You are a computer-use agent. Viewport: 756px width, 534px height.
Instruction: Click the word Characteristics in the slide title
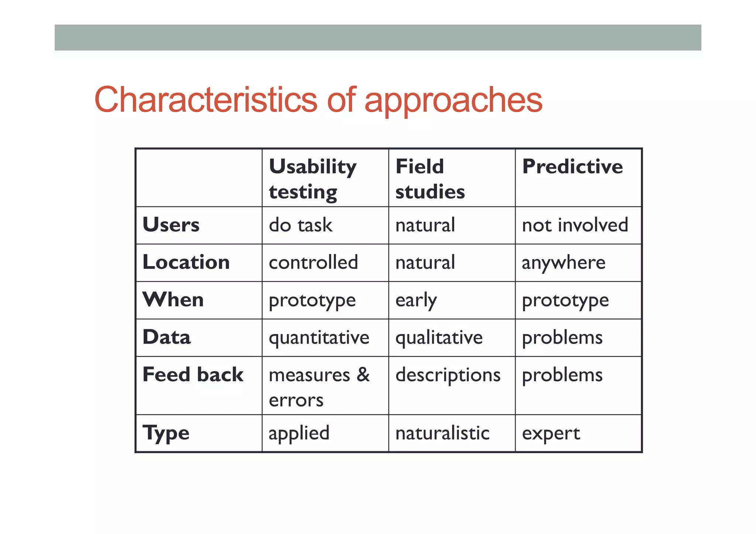(x=205, y=100)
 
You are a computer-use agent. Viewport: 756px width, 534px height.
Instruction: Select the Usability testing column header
(x=312, y=179)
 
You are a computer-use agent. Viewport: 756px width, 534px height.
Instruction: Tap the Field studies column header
(x=430, y=179)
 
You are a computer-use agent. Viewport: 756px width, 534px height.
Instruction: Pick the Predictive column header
(x=572, y=167)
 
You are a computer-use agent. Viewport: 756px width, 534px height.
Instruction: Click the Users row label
(x=171, y=225)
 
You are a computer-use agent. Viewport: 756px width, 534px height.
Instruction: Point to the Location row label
(x=186, y=262)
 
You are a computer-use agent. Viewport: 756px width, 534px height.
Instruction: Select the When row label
(x=173, y=300)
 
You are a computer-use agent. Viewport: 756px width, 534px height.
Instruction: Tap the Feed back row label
(x=193, y=375)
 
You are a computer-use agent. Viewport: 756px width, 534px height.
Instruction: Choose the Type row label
(x=166, y=433)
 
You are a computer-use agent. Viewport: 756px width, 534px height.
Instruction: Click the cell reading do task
(x=300, y=225)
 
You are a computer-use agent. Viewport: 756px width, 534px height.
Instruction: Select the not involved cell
(x=575, y=225)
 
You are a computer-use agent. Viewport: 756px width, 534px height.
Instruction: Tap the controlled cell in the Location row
(x=313, y=262)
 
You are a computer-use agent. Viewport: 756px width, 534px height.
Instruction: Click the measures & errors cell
(x=319, y=387)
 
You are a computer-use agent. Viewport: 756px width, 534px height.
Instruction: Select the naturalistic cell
(x=442, y=433)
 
